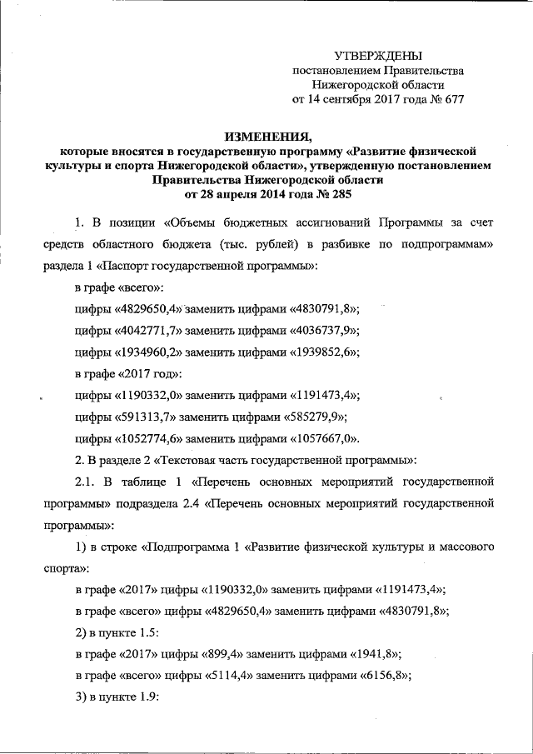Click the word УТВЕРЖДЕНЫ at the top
[377, 55]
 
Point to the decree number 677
[451, 100]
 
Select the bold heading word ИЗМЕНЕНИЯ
[266, 137]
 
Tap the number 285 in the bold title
[334, 193]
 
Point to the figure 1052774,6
[152, 438]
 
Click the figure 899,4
[229, 654]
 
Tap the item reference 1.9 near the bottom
[149, 697]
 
